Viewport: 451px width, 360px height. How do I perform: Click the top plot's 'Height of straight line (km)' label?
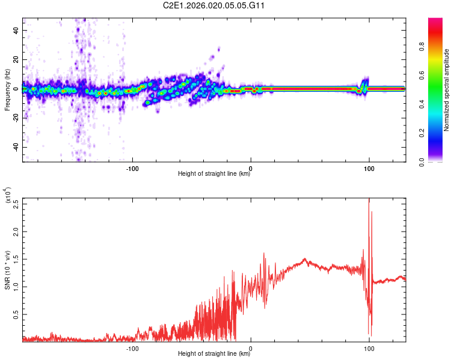214,174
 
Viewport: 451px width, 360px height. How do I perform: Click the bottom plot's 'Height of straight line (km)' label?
214,354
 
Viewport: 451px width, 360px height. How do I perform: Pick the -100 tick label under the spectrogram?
133,168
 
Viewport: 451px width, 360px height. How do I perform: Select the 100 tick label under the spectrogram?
369,168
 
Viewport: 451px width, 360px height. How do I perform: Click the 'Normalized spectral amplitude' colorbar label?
447,90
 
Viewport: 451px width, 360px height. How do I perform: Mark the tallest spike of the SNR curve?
369,200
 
